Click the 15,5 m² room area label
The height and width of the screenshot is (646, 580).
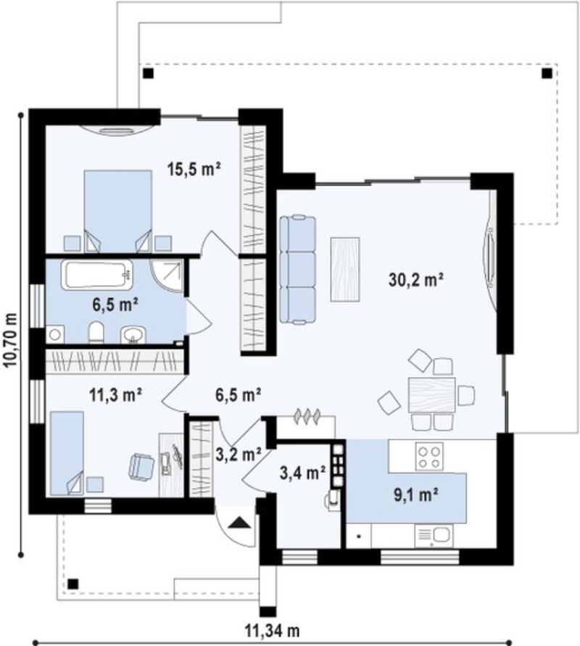[x=194, y=169]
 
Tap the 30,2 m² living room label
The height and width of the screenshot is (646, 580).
[x=416, y=280]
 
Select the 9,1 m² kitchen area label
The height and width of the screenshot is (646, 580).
[x=415, y=494]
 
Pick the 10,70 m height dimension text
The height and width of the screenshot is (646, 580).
[x=11, y=340]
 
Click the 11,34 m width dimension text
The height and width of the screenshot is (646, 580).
[x=273, y=630]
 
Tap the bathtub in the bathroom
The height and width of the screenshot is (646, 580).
[x=97, y=274]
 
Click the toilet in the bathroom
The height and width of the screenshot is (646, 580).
[x=96, y=333]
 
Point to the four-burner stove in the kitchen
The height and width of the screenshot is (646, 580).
[x=429, y=457]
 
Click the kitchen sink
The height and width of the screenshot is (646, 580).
[x=434, y=535]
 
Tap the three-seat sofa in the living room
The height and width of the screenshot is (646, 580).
[x=297, y=269]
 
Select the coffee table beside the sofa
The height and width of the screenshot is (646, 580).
[x=345, y=270]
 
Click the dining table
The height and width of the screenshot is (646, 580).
[x=431, y=395]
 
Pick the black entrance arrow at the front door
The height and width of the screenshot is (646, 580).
[x=239, y=523]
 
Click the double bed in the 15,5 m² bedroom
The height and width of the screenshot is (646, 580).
[x=117, y=211]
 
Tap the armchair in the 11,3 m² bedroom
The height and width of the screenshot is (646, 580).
[x=141, y=467]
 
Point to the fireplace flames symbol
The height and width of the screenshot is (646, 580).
[x=307, y=416]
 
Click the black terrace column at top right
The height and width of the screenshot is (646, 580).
[x=547, y=74]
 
